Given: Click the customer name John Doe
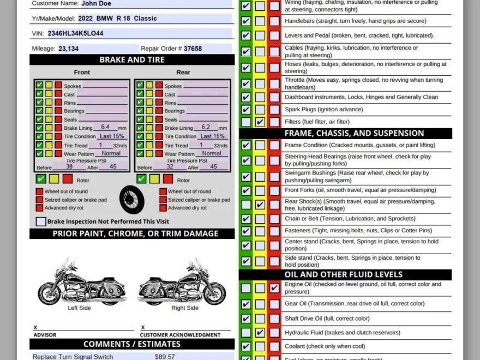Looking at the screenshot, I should coord(96,3).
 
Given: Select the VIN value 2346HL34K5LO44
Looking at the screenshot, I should coord(75,33).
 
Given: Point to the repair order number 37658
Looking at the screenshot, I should coord(193,49).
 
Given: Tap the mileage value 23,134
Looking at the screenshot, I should coord(68,49).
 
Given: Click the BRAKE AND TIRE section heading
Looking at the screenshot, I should coord(132,60).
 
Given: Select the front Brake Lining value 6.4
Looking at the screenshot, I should coord(105,127).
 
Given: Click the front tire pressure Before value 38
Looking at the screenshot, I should coord(69,167).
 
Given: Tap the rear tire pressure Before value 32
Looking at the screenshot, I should coord(170,167).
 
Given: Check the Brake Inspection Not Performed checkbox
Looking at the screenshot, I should coord(41,221).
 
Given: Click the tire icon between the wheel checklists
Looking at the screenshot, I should coord(132,199).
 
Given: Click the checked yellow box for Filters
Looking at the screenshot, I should coord(260,122).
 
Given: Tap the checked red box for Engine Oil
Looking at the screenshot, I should coord(274,288).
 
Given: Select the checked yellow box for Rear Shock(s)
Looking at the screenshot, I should coord(260,205).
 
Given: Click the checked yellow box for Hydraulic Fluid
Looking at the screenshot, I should coord(260,332).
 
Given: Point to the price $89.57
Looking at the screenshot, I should coord(165,357).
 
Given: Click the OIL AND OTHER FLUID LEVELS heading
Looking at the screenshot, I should coord(344,274).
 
